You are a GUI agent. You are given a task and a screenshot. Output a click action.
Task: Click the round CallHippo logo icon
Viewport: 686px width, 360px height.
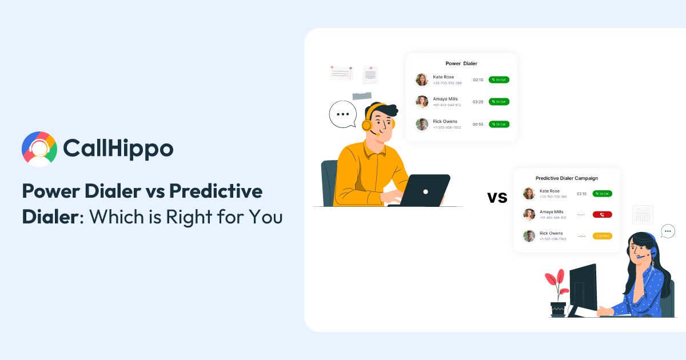39,149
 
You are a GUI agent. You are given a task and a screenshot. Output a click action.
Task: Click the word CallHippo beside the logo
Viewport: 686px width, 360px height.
118,149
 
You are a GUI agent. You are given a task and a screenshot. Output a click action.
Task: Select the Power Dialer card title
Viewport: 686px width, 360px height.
461,63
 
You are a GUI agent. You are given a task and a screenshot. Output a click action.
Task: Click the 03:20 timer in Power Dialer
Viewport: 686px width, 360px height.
478,102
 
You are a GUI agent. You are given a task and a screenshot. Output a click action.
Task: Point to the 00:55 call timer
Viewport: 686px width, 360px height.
478,124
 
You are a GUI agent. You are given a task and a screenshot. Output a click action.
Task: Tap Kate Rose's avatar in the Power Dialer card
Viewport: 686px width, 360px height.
422,79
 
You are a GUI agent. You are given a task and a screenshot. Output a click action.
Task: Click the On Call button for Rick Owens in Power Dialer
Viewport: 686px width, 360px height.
498,124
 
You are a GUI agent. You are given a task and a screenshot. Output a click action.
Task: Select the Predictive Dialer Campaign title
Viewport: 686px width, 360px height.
566,178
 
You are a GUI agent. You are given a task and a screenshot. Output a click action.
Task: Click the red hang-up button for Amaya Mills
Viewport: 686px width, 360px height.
602,214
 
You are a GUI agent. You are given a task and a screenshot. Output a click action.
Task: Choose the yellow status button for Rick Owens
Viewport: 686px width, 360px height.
602,235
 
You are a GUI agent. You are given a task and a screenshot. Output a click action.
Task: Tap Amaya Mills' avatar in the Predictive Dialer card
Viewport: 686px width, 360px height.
529,214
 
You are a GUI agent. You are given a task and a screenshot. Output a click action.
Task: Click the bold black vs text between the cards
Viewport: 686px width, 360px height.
497,198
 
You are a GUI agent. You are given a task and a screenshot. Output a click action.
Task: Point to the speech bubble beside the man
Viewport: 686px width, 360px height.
342,114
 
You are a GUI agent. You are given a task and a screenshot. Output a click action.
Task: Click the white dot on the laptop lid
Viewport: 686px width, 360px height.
425,190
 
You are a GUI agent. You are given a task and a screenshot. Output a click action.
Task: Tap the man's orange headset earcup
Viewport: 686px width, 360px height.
366,124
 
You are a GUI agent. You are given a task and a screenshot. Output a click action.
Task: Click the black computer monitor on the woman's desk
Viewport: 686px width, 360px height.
583,289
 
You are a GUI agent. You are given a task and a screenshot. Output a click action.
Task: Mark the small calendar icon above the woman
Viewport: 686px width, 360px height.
643,215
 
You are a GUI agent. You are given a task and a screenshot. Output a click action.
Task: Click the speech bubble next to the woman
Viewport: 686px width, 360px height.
668,231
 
